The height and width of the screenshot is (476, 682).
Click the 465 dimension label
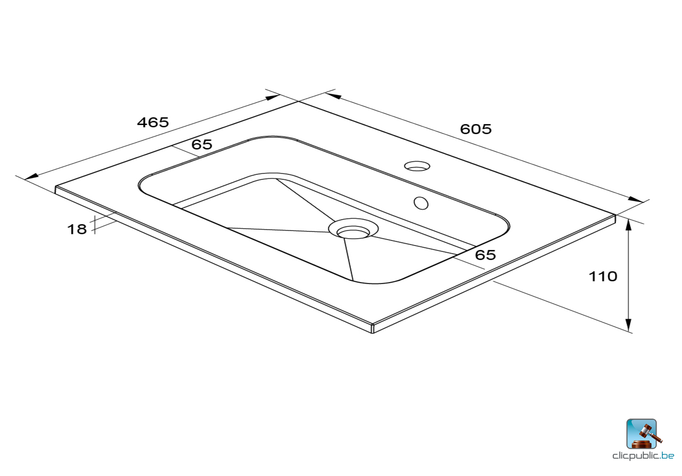click(153, 122)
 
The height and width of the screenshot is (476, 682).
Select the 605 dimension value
click(476, 129)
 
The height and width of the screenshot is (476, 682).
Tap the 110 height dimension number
click(602, 276)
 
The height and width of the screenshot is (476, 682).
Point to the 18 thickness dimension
click(77, 229)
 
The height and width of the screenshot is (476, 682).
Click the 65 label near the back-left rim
click(202, 145)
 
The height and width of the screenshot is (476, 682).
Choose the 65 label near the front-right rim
click(485, 255)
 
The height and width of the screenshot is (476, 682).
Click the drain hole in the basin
click(353, 231)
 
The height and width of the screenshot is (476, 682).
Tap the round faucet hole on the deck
click(417, 166)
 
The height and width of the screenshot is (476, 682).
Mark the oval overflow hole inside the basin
click(421, 203)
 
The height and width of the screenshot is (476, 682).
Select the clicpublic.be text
click(643, 456)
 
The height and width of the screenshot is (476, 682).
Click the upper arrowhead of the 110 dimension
click(628, 225)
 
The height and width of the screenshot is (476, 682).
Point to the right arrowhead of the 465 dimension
click(272, 97)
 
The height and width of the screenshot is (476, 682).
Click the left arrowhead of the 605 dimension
click(333, 96)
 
